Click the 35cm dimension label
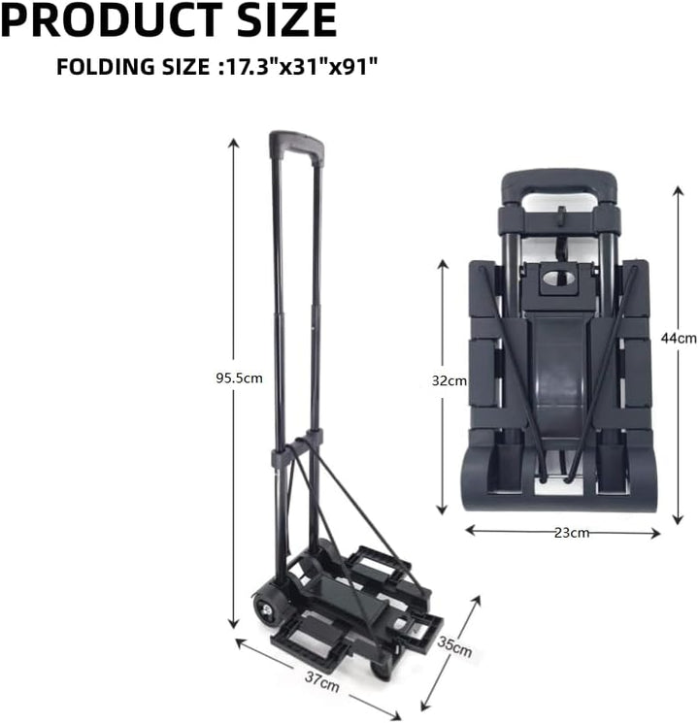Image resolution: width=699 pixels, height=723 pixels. coord(454,645)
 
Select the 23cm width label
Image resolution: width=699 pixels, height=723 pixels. coord(572,532)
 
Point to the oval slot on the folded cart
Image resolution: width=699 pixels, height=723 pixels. coord(559,279)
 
